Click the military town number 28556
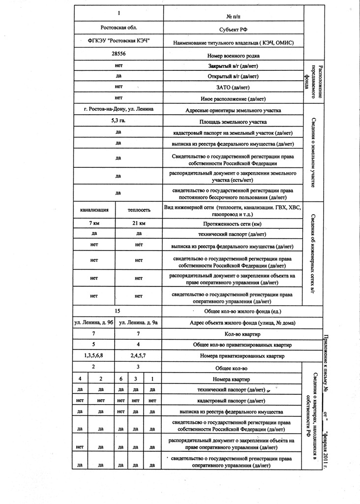coord(119,53)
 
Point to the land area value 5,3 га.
coord(119,120)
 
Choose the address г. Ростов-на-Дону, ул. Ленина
coord(119,108)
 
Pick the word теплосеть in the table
coord(139,210)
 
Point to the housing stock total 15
coord(118,311)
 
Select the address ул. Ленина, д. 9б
coord(93,323)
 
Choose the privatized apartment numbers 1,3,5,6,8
coord(93,355)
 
